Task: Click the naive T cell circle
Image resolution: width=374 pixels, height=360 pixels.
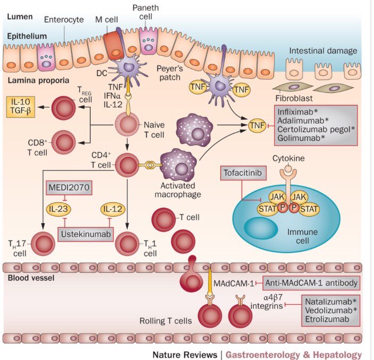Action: pyautogui.click(x=128, y=125)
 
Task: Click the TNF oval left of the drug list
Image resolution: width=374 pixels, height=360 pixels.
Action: pyautogui.click(x=257, y=126)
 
